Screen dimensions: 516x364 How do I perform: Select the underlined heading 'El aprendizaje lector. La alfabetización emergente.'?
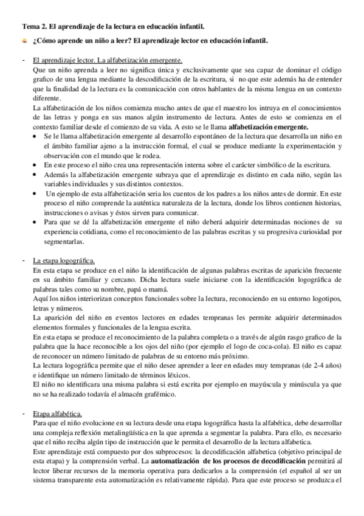pos(108,61)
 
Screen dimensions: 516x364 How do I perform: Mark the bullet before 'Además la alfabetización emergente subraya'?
pos(40,175)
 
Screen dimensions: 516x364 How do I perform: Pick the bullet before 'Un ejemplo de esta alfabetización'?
pos(40,193)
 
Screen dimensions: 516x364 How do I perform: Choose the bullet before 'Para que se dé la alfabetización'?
pos(40,223)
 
